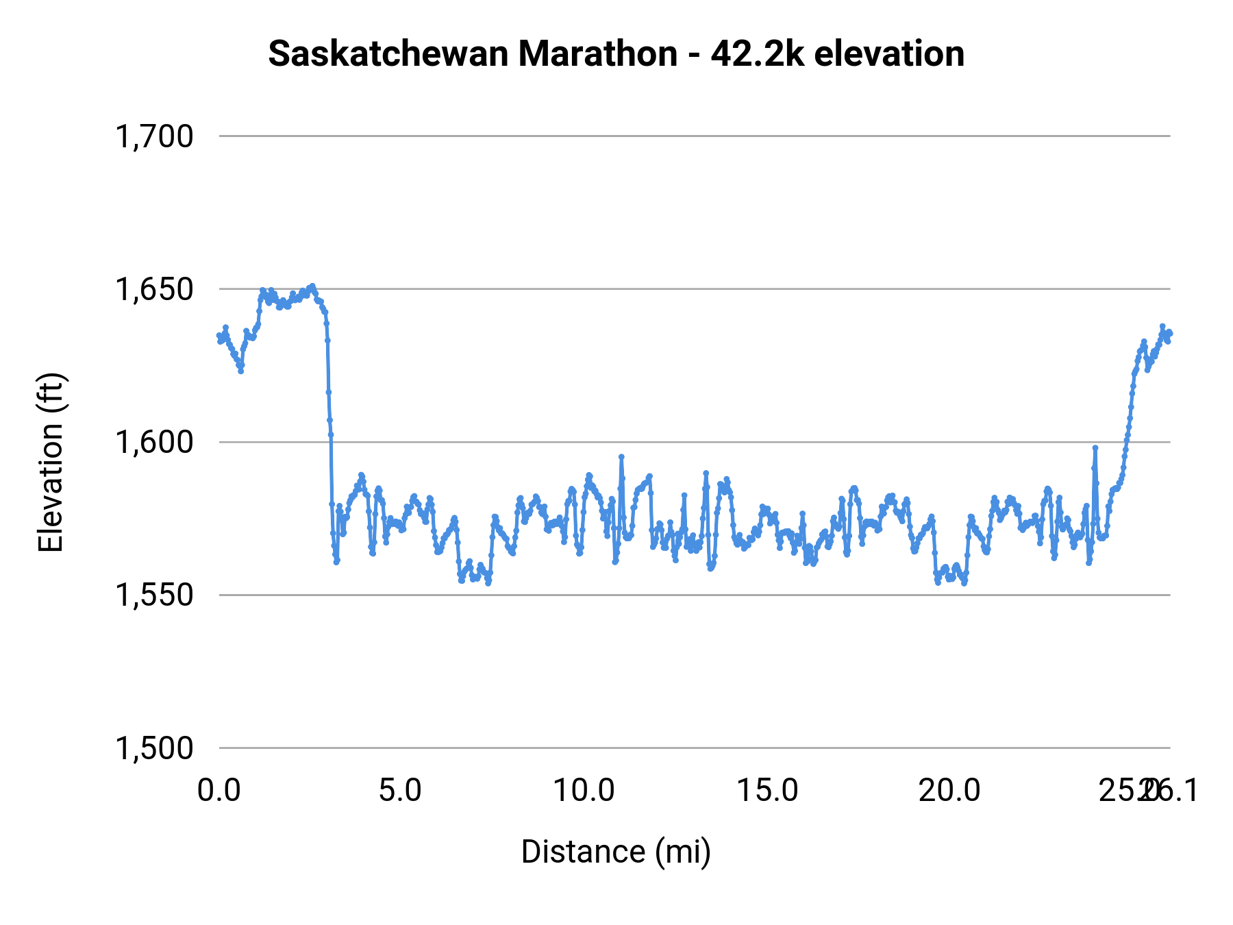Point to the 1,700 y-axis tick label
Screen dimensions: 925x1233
point(154,136)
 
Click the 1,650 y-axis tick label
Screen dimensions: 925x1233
point(154,289)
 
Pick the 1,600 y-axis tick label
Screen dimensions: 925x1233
point(154,442)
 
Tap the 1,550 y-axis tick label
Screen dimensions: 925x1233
point(154,595)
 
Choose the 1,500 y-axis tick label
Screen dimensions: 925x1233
point(154,748)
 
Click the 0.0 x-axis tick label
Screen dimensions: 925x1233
point(219,791)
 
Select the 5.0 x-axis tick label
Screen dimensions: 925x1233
point(401,791)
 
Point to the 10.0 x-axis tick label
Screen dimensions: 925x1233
point(584,791)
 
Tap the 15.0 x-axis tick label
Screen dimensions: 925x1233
point(767,791)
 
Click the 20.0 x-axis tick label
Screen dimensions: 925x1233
point(949,791)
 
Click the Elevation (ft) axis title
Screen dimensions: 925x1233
point(51,463)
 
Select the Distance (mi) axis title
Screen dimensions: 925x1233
point(616,852)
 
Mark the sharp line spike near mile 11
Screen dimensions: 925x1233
point(621,456)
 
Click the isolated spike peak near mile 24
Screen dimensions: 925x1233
point(1095,447)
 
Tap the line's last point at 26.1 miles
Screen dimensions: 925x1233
point(1170,334)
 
